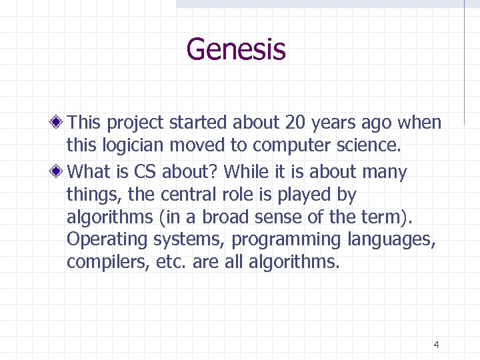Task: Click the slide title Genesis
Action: (236, 49)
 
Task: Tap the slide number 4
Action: (436, 345)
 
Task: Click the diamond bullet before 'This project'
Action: (59, 123)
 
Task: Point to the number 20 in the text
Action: (294, 123)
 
